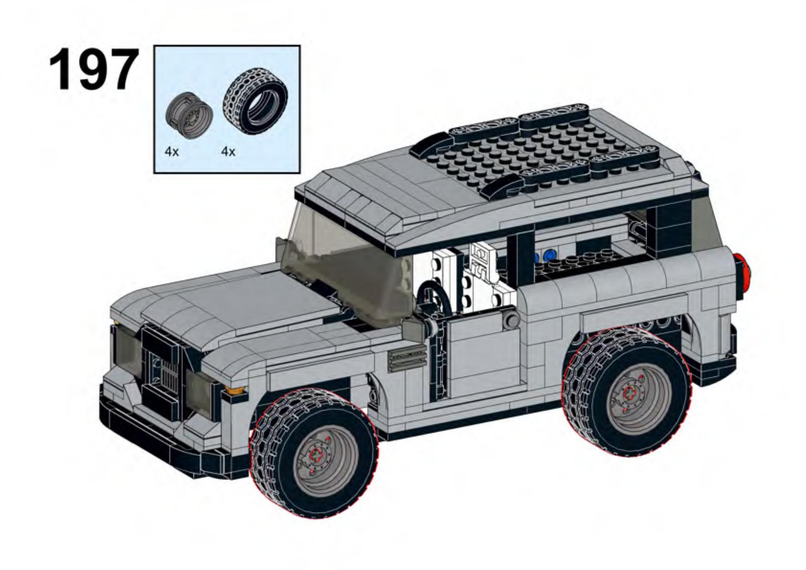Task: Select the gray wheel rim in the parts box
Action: [189, 115]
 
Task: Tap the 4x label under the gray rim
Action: [172, 151]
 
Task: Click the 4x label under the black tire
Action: [228, 151]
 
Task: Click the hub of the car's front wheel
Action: [316, 455]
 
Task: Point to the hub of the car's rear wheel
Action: [629, 393]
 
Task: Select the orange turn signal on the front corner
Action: [234, 391]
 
